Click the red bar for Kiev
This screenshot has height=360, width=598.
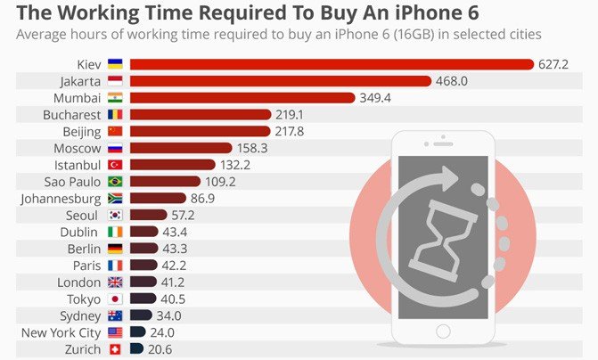click(x=330, y=64)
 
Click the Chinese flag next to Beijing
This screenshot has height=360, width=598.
click(x=114, y=131)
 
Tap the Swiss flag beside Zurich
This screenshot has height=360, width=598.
click(x=114, y=349)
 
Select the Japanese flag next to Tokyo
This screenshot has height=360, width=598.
click(x=114, y=299)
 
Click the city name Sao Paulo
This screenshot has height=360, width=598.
click(x=70, y=182)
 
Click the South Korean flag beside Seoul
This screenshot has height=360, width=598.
click(x=114, y=216)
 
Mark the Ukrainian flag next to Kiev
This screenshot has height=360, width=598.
click(x=114, y=64)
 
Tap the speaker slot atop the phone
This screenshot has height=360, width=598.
click(x=443, y=143)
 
